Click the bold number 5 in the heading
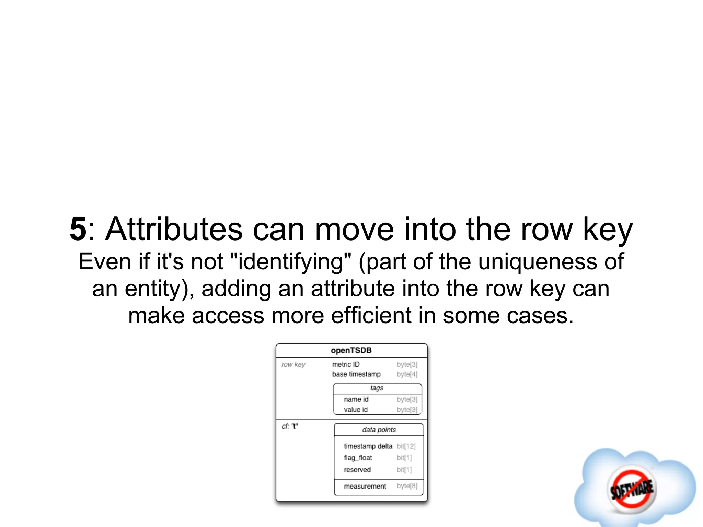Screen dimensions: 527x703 [78, 229]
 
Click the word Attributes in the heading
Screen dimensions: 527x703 [174, 229]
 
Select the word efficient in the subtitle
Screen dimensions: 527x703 [371, 316]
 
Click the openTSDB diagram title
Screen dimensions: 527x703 [351, 350]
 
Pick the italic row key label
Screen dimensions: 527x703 [293, 364]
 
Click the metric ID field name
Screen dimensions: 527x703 [346, 364]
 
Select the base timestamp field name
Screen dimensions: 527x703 [356, 374]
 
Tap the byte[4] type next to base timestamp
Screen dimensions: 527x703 [407, 374]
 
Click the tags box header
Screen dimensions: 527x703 [377, 388]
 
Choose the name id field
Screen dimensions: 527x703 [356, 399]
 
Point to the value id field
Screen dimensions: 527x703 [356, 410]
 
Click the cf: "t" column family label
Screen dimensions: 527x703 [290, 426]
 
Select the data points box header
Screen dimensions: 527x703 [379, 430]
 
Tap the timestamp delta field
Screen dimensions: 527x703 [368, 446]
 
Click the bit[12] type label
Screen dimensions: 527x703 [406, 446]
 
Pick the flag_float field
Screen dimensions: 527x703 [358, 458]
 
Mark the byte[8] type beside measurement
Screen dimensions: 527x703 [407, 486]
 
